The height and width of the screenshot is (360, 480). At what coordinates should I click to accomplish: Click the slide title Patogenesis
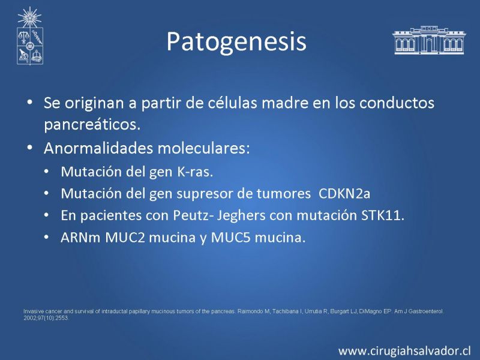[236, 42]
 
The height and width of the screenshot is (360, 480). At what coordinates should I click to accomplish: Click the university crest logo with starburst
[29, 36]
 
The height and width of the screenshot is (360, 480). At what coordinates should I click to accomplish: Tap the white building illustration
[429, 40]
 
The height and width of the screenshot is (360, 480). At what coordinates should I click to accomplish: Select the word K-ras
[194, 172]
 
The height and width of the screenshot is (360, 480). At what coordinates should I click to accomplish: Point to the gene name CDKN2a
[344, 194]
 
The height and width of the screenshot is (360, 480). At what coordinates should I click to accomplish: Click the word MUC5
[231, 238]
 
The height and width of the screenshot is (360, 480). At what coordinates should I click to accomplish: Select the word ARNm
[80, 238]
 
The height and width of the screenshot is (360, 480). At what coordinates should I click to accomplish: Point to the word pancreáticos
[92, 125]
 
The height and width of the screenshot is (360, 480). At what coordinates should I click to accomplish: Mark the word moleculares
[203, 148]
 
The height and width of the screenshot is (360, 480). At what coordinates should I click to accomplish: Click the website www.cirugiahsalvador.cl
[404, 350]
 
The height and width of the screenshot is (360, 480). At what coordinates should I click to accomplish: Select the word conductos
[397, 103]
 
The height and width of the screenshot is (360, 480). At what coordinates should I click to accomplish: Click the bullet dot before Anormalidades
[29, 148]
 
